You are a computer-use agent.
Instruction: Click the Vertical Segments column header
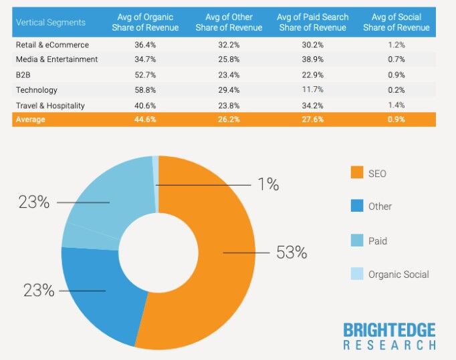(50, 23)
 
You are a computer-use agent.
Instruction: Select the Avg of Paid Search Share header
(314, 22)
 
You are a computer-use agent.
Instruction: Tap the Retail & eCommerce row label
(52, 45)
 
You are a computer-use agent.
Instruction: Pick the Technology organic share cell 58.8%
(145, 90)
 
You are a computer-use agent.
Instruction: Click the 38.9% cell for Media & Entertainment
(314, 59)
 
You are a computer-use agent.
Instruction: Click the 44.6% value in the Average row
(145, 120)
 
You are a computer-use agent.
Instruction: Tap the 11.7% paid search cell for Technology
(314, 90)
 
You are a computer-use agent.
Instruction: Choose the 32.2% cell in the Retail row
(229, 45)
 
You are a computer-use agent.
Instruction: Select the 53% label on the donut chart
(291, 252)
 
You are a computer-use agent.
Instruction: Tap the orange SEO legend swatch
(356, 173)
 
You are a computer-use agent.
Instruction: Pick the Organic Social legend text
(398, 275)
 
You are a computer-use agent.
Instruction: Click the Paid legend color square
(356, 240)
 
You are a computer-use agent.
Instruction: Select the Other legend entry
(380, 206)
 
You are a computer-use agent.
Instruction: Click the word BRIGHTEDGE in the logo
(389, 330)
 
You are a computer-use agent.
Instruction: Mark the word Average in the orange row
(31, 120)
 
